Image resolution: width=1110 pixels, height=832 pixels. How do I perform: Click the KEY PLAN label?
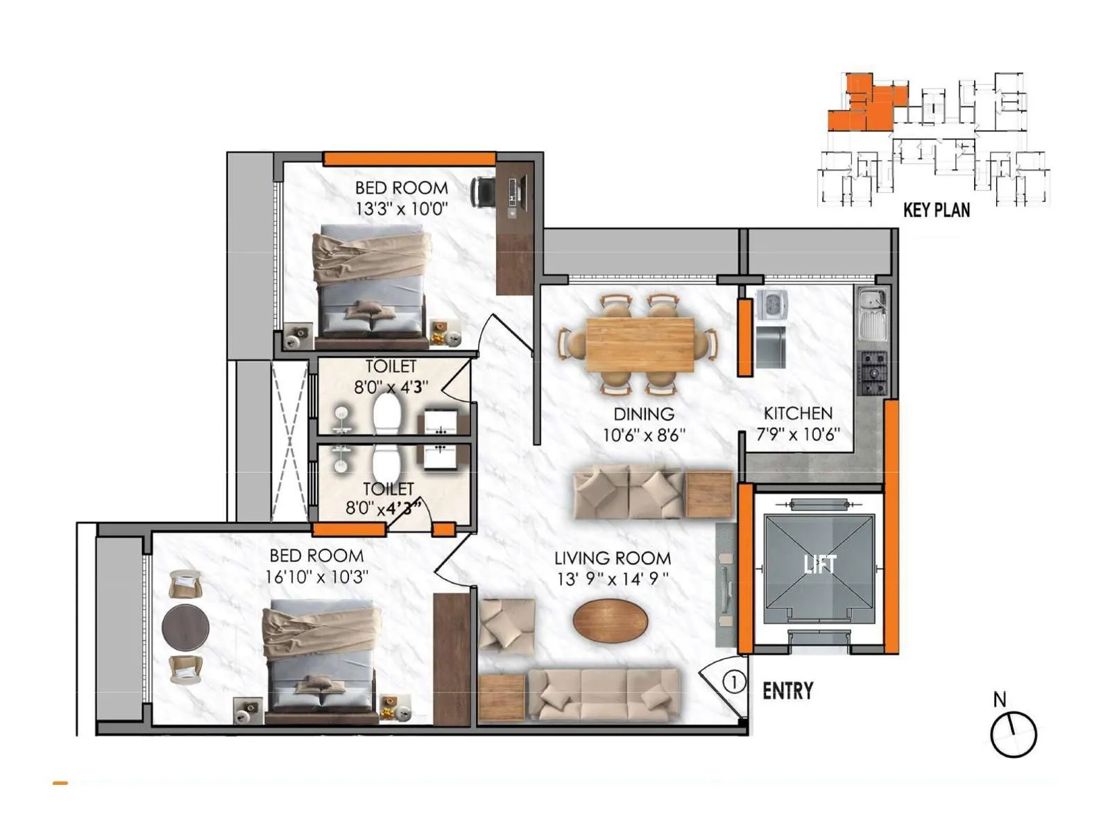936,209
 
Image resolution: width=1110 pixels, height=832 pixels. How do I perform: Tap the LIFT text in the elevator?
819,564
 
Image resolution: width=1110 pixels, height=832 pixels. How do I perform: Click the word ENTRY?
787,691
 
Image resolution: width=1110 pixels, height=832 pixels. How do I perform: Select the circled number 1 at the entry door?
734,682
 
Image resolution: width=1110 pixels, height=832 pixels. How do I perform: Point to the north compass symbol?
1013,734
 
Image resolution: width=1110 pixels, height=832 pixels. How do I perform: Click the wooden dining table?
640,345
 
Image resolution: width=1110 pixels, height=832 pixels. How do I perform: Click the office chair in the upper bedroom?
484,191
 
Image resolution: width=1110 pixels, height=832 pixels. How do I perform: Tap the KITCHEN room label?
798,413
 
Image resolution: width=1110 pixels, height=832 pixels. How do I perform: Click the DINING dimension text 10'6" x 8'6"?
644,435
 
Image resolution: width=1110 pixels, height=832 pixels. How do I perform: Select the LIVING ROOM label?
612,558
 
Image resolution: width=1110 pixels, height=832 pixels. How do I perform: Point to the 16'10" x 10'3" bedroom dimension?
316,577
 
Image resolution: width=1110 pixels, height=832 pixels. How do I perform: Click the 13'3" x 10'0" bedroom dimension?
402,209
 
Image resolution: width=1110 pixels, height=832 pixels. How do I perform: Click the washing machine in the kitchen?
771,304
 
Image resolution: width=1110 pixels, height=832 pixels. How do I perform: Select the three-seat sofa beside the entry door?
603,694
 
